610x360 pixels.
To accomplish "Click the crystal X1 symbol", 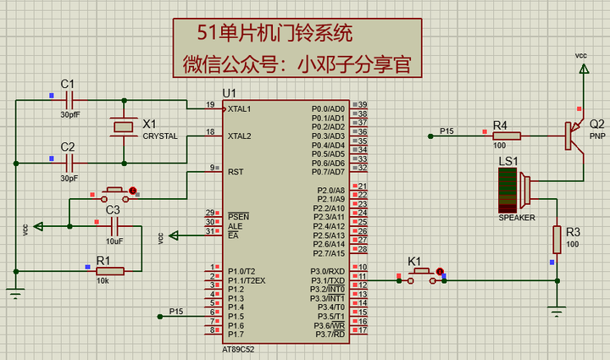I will point(124,127).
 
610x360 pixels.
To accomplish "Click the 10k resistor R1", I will point(109,270).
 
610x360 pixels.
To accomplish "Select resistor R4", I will point(506,135).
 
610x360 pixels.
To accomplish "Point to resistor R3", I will point(557,240).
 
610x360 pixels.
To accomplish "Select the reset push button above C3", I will point(114,191).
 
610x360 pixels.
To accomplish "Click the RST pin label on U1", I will point(236,171).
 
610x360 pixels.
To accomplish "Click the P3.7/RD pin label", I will point(328,334).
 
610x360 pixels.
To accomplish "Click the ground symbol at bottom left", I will point(15,293).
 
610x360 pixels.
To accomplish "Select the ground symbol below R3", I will point(557,310).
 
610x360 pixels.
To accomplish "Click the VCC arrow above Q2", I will point(581,68).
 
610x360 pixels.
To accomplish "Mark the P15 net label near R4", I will point(446,130).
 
